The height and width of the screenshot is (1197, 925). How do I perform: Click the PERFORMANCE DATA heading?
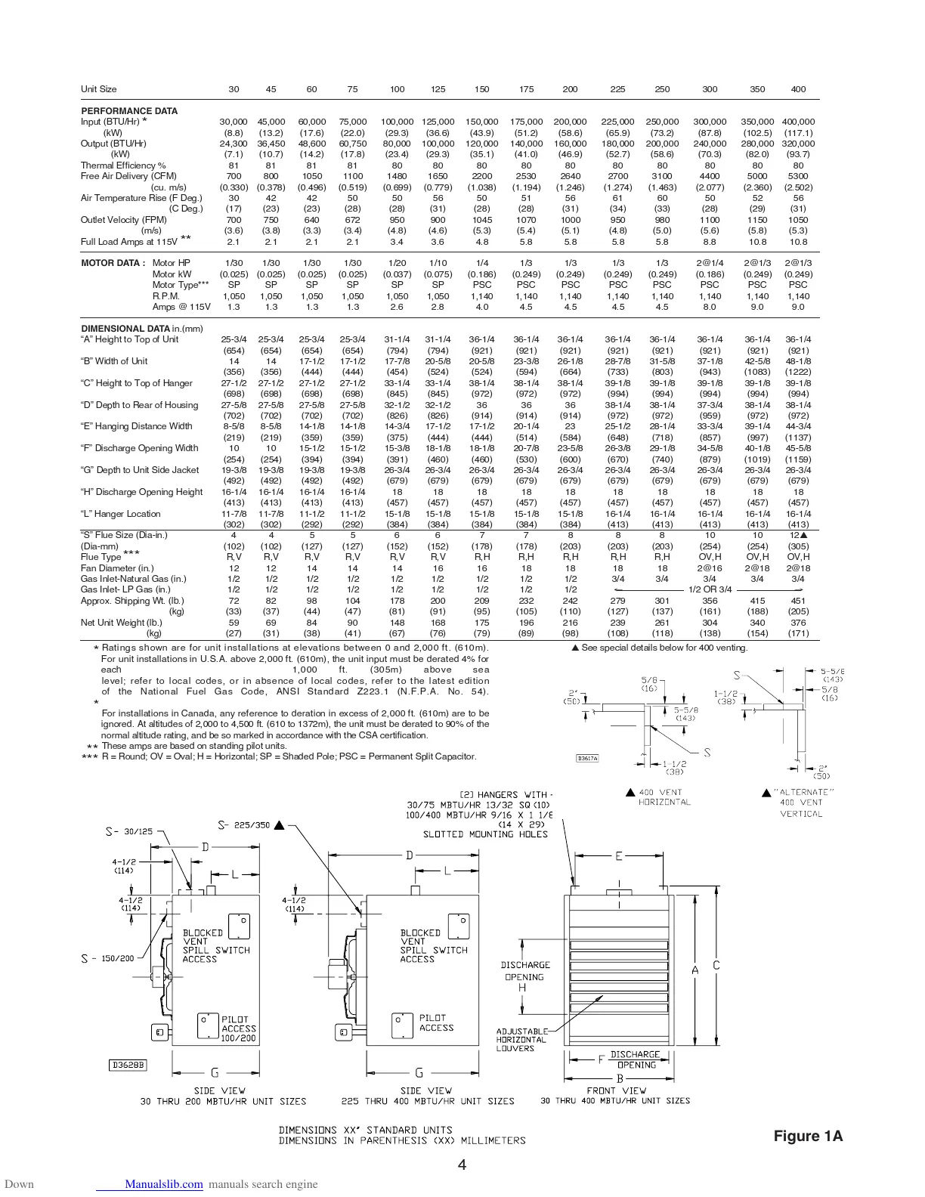point(129,111)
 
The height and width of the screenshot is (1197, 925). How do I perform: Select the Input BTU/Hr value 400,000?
point(798,122)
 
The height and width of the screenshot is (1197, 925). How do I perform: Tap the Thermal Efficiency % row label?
point(123,165)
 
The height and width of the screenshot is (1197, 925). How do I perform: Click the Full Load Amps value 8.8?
point(710,242)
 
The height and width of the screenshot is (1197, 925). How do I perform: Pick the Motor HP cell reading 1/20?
point(397,263)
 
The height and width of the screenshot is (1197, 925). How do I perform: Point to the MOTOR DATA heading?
point(113,263)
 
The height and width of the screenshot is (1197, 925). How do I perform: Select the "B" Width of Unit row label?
point(114,361)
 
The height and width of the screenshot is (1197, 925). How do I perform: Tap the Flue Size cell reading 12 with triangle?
point(799,535)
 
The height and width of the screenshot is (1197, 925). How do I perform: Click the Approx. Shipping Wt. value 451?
point(798,601)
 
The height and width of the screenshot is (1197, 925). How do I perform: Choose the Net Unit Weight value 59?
point(234,623)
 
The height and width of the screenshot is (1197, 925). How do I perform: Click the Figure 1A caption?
point(808,1136)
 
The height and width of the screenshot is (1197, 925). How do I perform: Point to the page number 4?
point(462,1165)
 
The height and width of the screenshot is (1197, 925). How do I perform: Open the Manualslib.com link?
point(164,1184)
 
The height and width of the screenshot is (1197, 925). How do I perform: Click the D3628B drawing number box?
point(128,1065)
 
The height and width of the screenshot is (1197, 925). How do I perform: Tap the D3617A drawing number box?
point(587,758)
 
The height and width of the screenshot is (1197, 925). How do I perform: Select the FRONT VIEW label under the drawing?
point(616,1090)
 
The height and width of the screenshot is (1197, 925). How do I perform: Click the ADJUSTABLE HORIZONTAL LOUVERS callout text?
point(522,1040)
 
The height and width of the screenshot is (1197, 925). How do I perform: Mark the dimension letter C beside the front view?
point(716,966)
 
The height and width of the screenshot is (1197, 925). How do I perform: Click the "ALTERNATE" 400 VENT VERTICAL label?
point(800,803)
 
